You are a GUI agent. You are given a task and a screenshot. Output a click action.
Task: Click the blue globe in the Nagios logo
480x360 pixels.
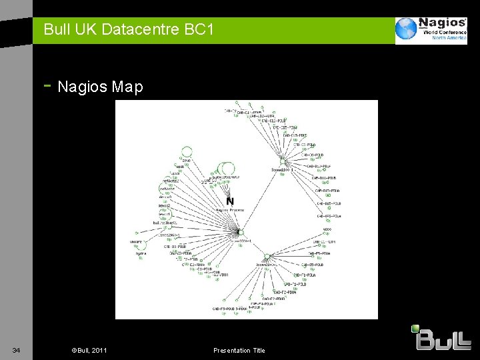[x=406, y=30]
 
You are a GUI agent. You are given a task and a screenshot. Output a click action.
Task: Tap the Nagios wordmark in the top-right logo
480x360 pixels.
[x=442, y=24]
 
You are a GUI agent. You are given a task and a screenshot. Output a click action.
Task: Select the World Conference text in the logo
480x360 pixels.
[x=443, y=32]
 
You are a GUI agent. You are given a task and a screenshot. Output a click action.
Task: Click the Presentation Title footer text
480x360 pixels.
[x=239, y=351]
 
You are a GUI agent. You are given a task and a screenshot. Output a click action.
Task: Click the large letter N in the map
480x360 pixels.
[x=230, y=201]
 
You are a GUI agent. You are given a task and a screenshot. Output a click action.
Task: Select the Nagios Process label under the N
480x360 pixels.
[x=230, y=210]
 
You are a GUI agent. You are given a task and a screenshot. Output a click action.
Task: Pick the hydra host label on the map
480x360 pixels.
[x=140, y=254]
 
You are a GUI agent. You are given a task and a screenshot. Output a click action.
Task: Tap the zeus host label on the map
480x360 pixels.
[x=187, y=161]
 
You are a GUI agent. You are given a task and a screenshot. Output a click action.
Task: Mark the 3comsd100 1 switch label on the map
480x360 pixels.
[x=282, y=170]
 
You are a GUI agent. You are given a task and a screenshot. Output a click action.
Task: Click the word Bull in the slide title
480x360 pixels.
[x=56, y=29]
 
